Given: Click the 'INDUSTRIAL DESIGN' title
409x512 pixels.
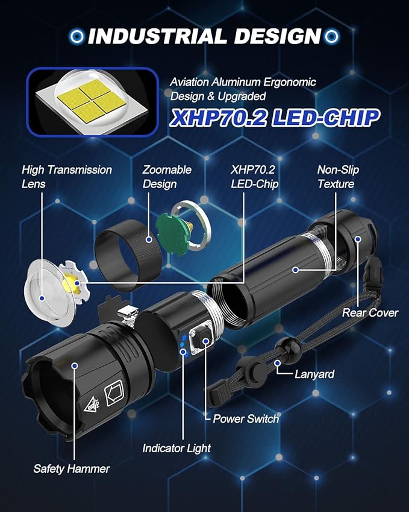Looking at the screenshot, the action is [205, 36].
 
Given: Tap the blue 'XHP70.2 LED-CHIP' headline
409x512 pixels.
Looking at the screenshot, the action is [275, 118].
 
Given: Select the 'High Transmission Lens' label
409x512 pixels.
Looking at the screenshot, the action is [67, 177].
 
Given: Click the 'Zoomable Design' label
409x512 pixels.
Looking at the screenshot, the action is [167, 177].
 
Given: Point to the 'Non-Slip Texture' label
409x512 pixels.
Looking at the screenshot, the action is [338, 177].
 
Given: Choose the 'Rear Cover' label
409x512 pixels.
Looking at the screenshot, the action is [370, 313].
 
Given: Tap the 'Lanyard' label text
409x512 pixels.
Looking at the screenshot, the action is [314, 375].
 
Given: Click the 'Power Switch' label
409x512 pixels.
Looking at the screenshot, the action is [246, 419].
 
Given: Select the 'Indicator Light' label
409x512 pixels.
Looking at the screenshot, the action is [176, 448].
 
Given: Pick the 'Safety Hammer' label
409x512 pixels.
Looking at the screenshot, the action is [72, 469].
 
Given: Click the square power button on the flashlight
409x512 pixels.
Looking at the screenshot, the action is [203, 341].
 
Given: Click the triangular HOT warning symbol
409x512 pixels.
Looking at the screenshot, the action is [92, 404].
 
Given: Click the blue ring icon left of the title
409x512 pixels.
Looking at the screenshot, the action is [77, 36].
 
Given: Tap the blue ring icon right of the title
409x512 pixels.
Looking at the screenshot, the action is [332, 36].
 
